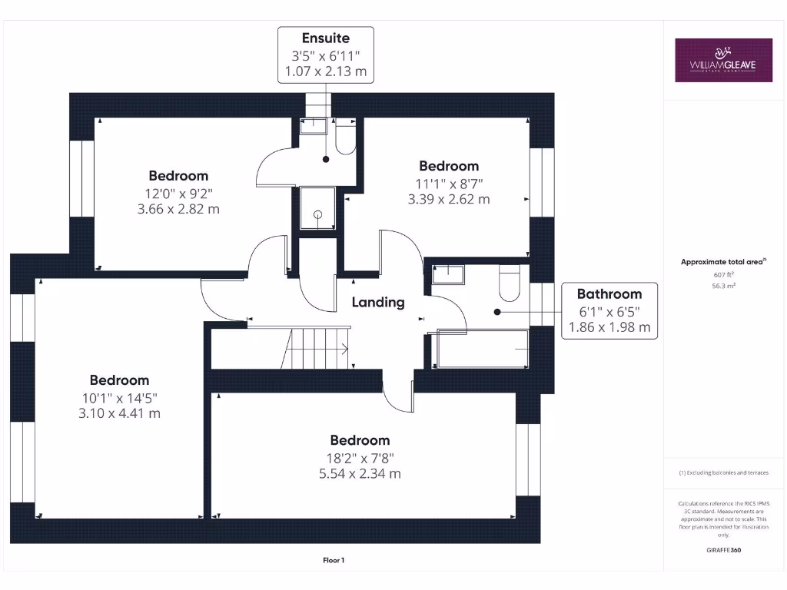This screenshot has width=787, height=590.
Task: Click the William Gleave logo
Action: [x=723, y=60]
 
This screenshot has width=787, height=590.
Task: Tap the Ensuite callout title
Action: [x=325, y=38]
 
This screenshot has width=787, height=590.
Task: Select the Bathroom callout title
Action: [x=609, y=293]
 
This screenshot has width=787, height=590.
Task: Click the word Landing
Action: [x=378, y=302]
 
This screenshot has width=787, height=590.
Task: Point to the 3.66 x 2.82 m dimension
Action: [x=178, y=209]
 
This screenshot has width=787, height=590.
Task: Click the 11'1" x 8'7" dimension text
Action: [x=448, y=183]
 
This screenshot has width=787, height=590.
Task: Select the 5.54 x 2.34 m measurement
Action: [x=360, y=473]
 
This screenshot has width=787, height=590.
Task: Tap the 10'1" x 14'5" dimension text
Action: [x=119, y=397]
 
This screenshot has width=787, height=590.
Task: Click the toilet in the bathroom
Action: [x=509, y=283]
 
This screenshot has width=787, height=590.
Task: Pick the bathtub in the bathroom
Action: [x=482, y=350]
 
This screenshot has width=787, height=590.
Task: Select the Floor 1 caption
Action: [x=334, y=560]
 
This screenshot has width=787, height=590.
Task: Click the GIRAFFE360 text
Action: [x=723, y=550]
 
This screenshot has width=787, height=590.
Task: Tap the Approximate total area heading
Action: [x=722, y=262]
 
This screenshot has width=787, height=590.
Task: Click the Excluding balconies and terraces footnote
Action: [x=723, y=472]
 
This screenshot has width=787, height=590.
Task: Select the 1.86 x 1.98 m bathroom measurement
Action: [x=609, y=326]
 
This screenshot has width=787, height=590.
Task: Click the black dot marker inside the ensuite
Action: [x=326, y=159]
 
